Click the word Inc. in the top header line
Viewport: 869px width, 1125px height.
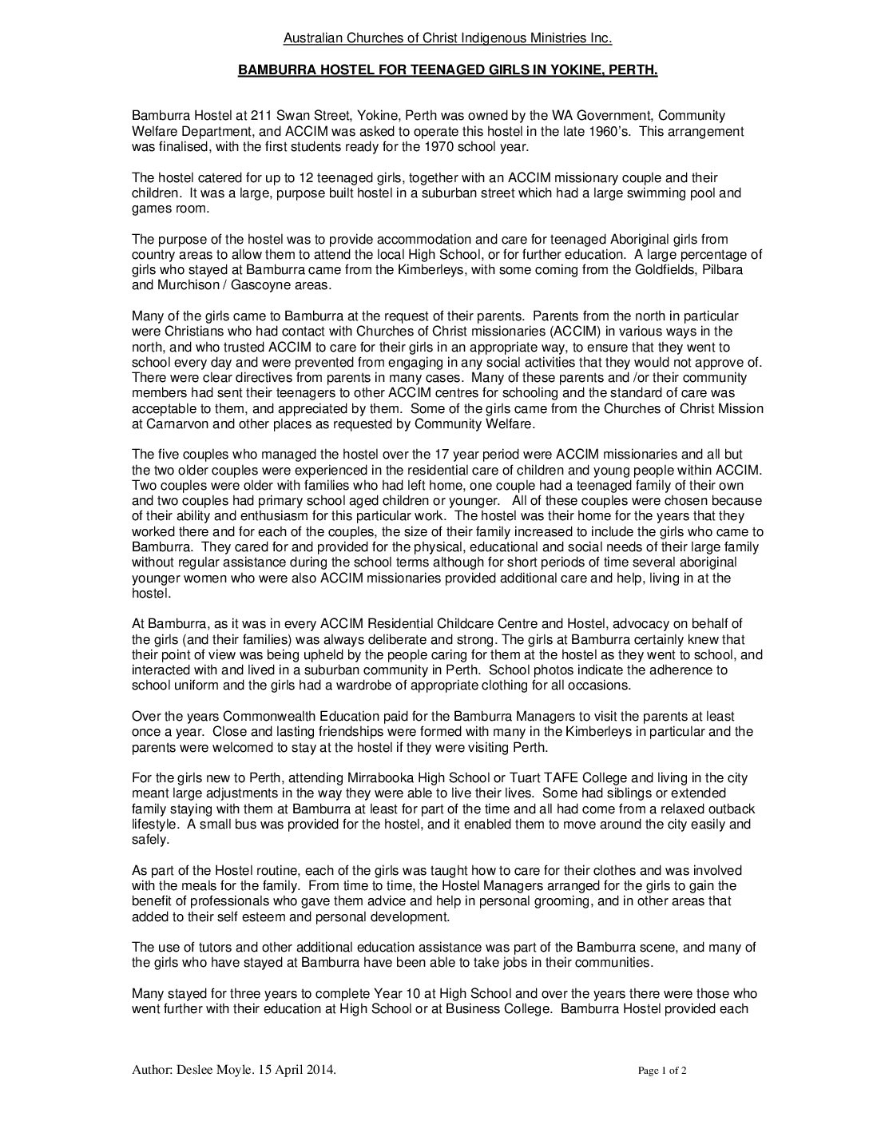coord(600,38)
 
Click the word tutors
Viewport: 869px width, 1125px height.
coord(204,948)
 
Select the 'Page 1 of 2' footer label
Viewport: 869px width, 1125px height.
coord(662,1071)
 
